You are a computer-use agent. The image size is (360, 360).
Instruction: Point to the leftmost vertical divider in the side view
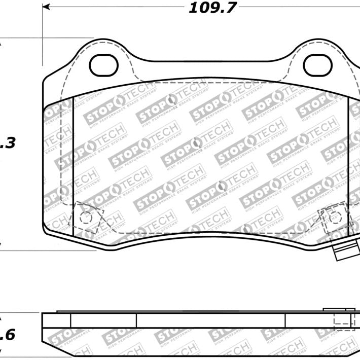70,320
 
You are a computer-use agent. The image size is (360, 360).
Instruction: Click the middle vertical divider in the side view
136,320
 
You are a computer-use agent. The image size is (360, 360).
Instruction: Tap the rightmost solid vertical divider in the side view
285,320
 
